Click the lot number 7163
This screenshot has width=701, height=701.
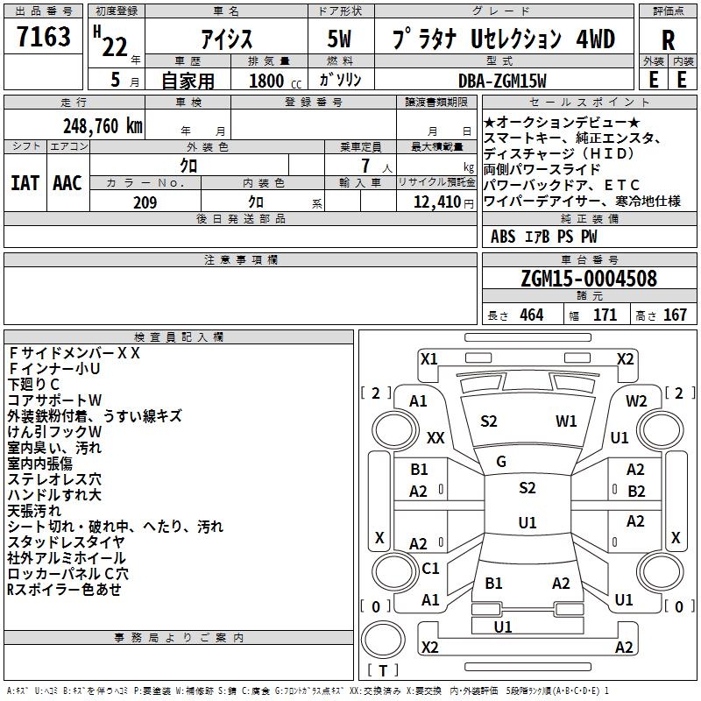[44, 37]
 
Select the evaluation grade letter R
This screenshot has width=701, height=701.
[668, 40]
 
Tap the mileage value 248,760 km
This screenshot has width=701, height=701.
[103, 126]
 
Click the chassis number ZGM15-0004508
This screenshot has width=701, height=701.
[589, 279]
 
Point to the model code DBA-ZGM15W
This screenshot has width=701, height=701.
[502, 81]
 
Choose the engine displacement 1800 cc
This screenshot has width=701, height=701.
[275, 81]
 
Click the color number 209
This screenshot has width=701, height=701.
[145, 202]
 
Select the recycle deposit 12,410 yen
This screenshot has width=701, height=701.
[443, 202]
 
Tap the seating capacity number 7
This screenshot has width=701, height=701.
[365, 166]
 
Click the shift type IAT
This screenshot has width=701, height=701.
[25, 183]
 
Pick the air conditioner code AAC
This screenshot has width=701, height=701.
[67, 183]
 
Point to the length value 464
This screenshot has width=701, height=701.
[532, 315]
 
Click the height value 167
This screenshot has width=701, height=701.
[675, 315]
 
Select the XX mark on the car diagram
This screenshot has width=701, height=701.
[435, 437]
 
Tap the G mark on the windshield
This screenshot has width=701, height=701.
[501, 462]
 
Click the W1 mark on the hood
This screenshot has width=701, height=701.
[566, 421]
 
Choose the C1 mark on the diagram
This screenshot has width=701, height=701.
[430, 568]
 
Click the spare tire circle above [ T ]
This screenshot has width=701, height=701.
[383, 640]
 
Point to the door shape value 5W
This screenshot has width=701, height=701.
[339, 39]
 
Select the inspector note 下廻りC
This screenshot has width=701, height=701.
[33, 385]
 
